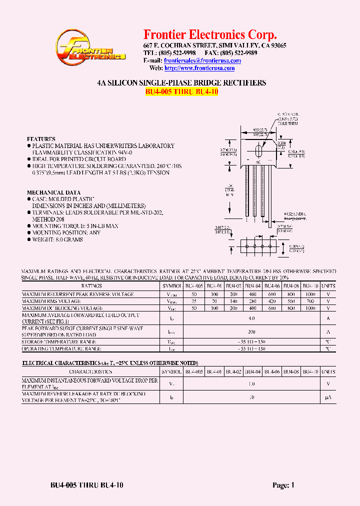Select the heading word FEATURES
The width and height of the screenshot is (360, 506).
(x=41, y=139)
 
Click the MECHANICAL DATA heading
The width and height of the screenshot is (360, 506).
(x=53, y=192)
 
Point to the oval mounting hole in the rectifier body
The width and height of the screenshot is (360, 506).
(x=258, y=151)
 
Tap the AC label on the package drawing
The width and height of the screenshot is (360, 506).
(x=258, y=162)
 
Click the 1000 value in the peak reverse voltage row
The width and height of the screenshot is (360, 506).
(x=310, y=294)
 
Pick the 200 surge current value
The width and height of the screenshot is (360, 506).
(x=252, y=331)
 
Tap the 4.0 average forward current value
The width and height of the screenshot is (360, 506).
(x=252, y=318)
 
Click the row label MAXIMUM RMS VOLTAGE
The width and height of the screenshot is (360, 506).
(x=51, y=301)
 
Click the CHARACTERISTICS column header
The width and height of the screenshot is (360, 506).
(x=90, y=372)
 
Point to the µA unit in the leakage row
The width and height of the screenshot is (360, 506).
(x=328, y=397)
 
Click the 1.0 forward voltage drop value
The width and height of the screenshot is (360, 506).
(x=252, y=384)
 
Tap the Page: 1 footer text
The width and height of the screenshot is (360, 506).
(x=284, y=485)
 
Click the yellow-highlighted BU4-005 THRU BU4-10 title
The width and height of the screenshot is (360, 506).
(x=181, y=92)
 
